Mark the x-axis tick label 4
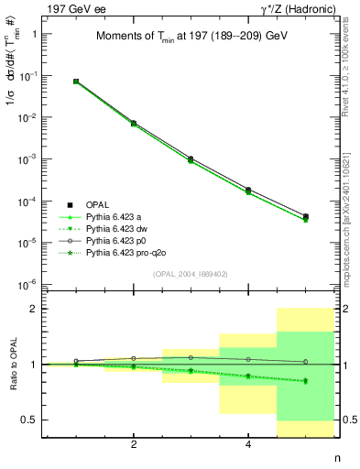[248, 446]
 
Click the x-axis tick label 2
[134, 446]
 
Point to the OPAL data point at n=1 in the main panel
[76, 82]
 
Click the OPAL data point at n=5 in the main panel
[305, 217]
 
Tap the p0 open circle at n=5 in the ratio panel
[305, 362]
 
